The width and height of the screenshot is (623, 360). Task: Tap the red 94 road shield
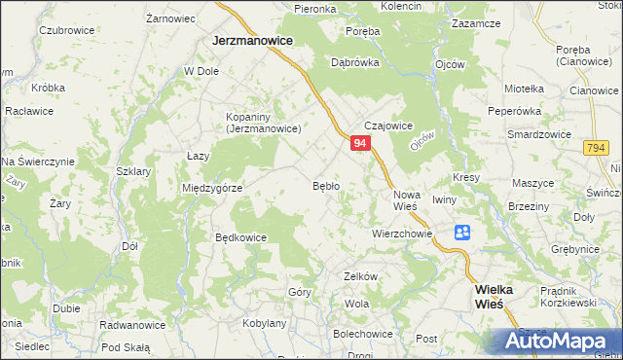pos(360,143)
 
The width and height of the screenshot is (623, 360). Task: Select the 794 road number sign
pos(598,147)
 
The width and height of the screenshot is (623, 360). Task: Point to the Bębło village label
pos(325,185)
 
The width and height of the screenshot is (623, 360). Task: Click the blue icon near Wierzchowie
pos(461,232)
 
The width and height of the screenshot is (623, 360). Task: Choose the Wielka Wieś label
pos(501,296)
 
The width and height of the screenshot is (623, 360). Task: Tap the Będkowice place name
pos(240,236)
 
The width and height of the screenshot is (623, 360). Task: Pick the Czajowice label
pos(389,126)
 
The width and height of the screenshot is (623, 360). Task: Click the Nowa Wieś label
pos(406,198)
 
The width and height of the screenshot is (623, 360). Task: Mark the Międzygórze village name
pos(211,188)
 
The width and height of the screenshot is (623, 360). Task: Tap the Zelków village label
pos(360,276)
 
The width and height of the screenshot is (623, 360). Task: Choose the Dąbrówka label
pos(354,61)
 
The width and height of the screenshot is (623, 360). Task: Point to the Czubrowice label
pos(66,30)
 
